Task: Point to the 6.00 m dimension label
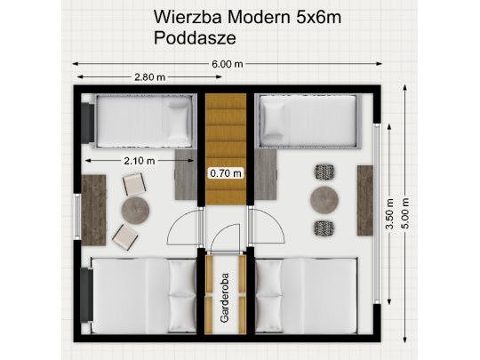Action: coord(228,64)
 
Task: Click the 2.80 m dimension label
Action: coord(149,77)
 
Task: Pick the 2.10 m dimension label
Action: coord(139,160)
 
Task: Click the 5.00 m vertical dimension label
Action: coord(405,213)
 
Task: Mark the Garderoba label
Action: coord(226,300)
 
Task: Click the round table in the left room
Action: coord(137,211)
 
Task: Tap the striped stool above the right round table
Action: coord(324,172)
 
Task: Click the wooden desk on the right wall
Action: coord(365,199)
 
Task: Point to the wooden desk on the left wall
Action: coord(93,209)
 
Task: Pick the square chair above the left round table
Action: coord(134,185)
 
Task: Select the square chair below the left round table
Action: coord(124,236)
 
